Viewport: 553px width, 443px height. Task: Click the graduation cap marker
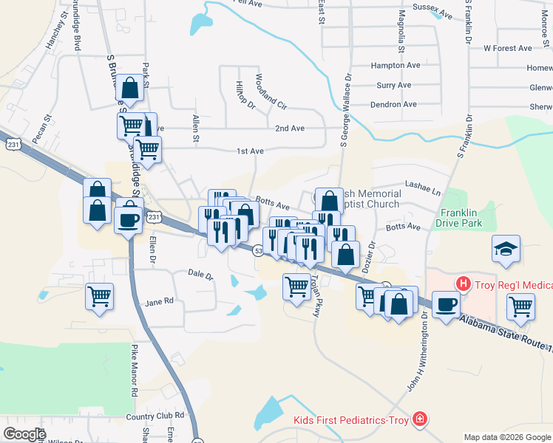pyautogui.click(x=507, y=248)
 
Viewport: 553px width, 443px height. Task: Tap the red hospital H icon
pyautogui.click(x=464, y=283)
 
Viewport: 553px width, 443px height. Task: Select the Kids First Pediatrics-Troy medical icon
pyautogui.click(x=420, y=419)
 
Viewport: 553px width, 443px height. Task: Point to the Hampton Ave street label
pyautogui.click(x=398, y=65)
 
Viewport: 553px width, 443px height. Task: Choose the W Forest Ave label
pyautogui.click(x=507, y=49)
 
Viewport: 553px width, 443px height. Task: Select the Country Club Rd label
pyautogui.click(x=155, y=416)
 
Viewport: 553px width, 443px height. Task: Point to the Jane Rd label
pyautogui.click(x=159, y=301)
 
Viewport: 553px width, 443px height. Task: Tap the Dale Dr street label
pyautogui.click(x=200, y=275)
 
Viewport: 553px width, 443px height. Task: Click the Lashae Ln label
pyautogui.click(x=422, y=188)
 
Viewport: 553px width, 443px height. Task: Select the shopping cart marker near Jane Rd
pyautogui.click(x=99, y=297)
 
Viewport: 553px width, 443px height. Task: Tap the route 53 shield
pyautogui.click(x=259, y=251)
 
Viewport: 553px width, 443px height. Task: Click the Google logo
pyautogui.click(x=24, y=433)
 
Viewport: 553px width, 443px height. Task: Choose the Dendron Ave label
pyautogui.click(x=393, y=105)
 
